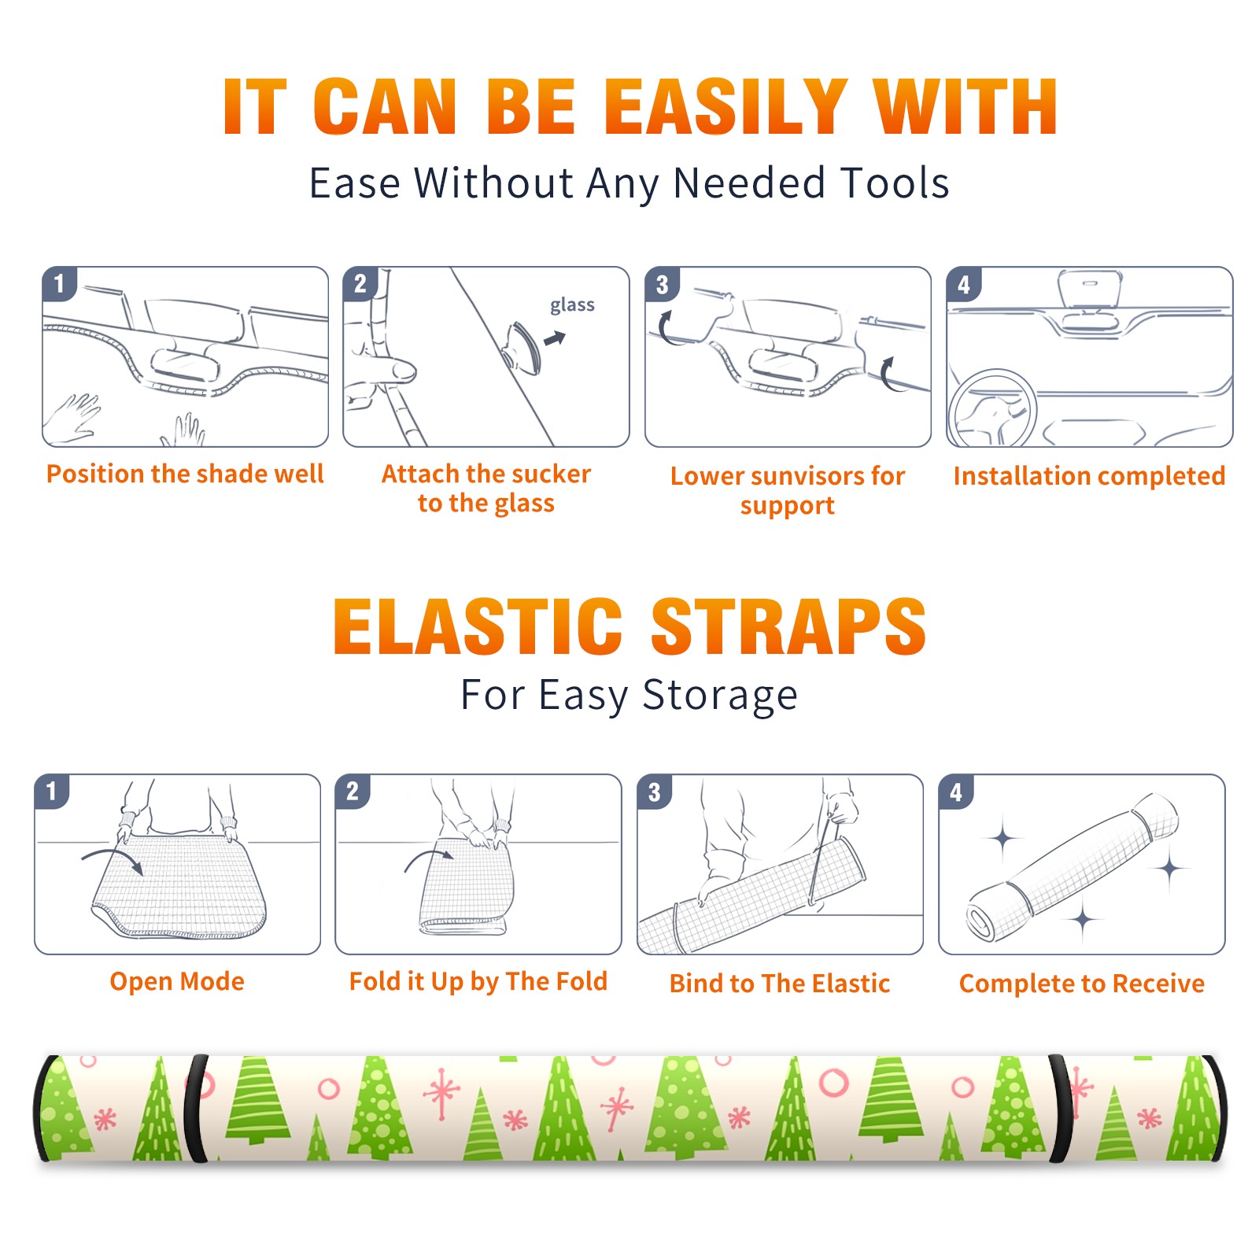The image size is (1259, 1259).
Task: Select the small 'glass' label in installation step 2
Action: coord(572,305)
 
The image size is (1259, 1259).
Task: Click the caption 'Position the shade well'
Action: coord(185,474)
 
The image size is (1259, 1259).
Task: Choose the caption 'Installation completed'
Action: coord(1089,475)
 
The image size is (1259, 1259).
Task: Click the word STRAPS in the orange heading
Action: coord(788,626)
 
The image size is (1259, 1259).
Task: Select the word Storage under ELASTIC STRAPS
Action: coord(720,696)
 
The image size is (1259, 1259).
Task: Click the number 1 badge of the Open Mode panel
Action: coord(52,791)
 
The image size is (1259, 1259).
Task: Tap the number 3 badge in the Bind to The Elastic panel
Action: coord(655,791)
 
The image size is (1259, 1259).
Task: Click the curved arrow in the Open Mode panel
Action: coord(113,859)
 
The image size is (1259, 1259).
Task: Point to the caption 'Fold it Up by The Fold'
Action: coord(478,981)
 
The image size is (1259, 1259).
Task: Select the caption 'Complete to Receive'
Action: coord(1082,984)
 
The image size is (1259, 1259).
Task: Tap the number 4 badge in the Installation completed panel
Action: coord(964,284)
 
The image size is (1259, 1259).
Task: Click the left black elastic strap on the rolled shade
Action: coord(195,1109)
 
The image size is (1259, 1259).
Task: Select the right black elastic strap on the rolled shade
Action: coord(1061,1109)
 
